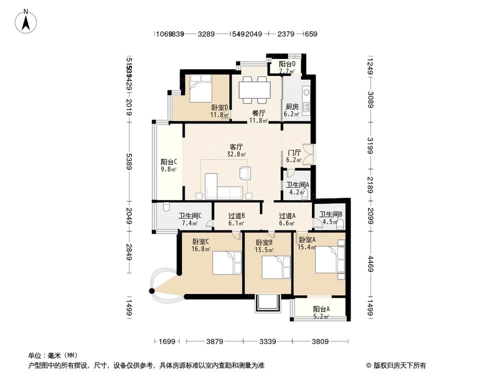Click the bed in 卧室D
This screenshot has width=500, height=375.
202,90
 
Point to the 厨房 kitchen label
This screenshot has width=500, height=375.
292,107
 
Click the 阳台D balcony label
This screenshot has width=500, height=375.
287,64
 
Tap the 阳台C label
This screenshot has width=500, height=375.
168,162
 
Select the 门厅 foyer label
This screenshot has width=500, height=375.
294,153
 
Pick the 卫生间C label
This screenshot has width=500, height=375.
189,216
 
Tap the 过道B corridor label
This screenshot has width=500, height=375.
236,216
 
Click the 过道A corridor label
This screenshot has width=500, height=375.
287,216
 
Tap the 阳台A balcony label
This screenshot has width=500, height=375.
321,309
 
